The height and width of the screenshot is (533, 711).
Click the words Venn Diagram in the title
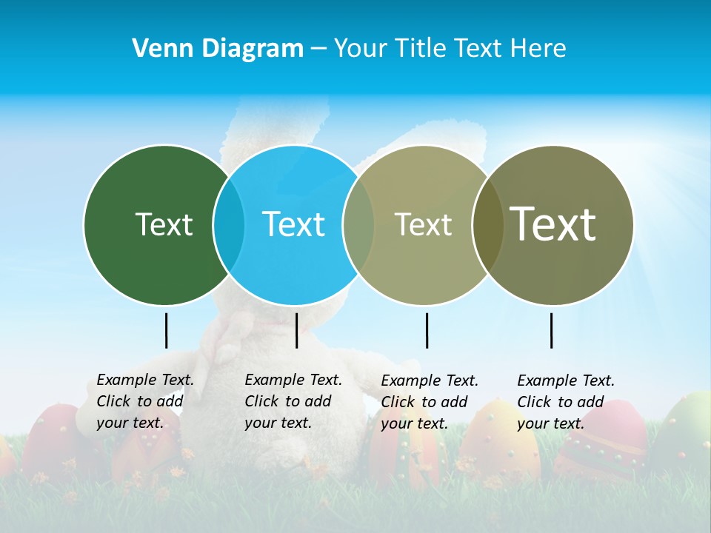[x=218, y=49]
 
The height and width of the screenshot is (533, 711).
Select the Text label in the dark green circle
[x=164, y=224]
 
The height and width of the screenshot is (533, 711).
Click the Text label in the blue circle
[x=293, y=224]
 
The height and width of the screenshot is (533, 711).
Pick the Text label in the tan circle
[x=423, y=224]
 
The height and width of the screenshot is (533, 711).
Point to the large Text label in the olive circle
[x=553, y=224]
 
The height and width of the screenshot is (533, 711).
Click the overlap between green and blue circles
[x=229, y=225]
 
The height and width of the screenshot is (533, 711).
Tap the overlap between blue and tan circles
[x=358, y=225]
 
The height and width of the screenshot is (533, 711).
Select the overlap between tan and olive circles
[x=487, y=225]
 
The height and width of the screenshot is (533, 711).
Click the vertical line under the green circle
[x=166, y=330]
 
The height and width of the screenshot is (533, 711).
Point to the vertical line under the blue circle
[x=296, y=330]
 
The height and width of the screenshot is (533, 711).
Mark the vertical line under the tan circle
[x=427, y=330]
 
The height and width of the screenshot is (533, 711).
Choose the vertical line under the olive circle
[x=551, y=330]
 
